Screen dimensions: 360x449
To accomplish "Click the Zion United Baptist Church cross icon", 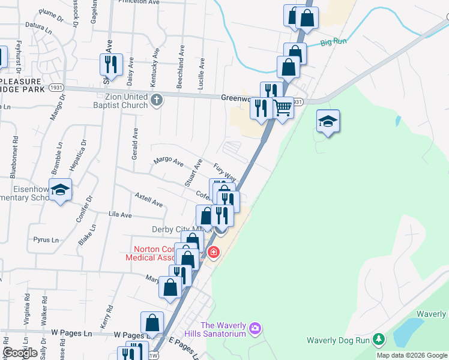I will [157, 100].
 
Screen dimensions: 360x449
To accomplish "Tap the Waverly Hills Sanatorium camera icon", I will [255, 328].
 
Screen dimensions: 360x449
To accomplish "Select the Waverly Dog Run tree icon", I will [378, 340].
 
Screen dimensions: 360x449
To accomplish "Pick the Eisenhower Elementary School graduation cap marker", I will [60, 190].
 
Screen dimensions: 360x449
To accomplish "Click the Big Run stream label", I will [334, 43].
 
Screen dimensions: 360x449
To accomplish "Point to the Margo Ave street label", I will [168, 161].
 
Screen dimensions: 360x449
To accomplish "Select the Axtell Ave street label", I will [149, 200].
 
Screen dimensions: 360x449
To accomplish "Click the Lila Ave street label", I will [119, 214].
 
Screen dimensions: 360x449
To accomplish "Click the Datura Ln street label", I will [35, 26].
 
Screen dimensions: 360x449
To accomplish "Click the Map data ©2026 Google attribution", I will [412, 355].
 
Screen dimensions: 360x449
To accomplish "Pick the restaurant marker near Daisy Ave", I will [111, 64].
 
